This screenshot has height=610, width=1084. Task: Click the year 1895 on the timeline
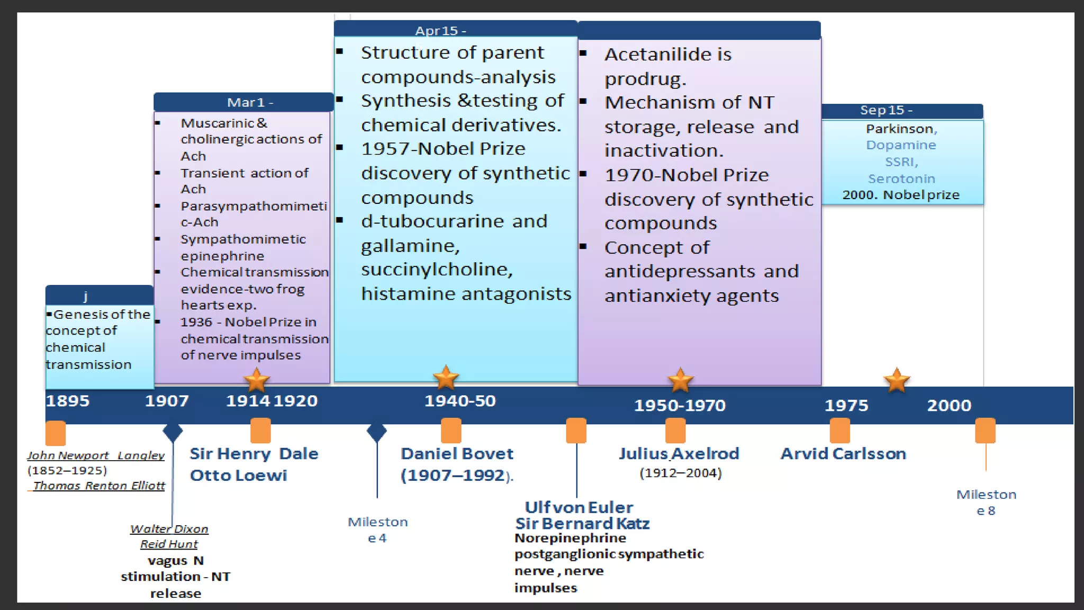tap(68, 401)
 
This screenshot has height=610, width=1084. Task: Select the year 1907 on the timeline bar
tap(167, 401)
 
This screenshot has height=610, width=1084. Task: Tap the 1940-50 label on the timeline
tap(460, 401)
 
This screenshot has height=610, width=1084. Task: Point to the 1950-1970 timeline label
tap(680, 406)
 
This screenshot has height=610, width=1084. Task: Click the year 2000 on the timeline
tap(949, 406)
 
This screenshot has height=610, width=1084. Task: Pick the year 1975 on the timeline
tap(846, 406)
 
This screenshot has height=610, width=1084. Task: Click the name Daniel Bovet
tap(457, 454)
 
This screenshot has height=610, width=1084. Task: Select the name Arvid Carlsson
tap(843, 454)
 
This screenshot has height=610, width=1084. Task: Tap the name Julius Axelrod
tap(679, 454)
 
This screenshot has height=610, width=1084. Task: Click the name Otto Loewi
tap(238, 476)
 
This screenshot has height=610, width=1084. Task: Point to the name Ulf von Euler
tap(579, 507)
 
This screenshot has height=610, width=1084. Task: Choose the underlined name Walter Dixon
tap(169, 529)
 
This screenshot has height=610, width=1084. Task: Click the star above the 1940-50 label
tap(446, 378)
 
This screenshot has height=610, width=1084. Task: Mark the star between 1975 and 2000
tap(897, 380)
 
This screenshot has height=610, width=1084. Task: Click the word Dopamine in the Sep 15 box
tap(901, 145)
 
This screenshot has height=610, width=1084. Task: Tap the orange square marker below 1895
tap(56, 433)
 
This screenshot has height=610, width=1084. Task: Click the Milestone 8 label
tap(986, 502)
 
